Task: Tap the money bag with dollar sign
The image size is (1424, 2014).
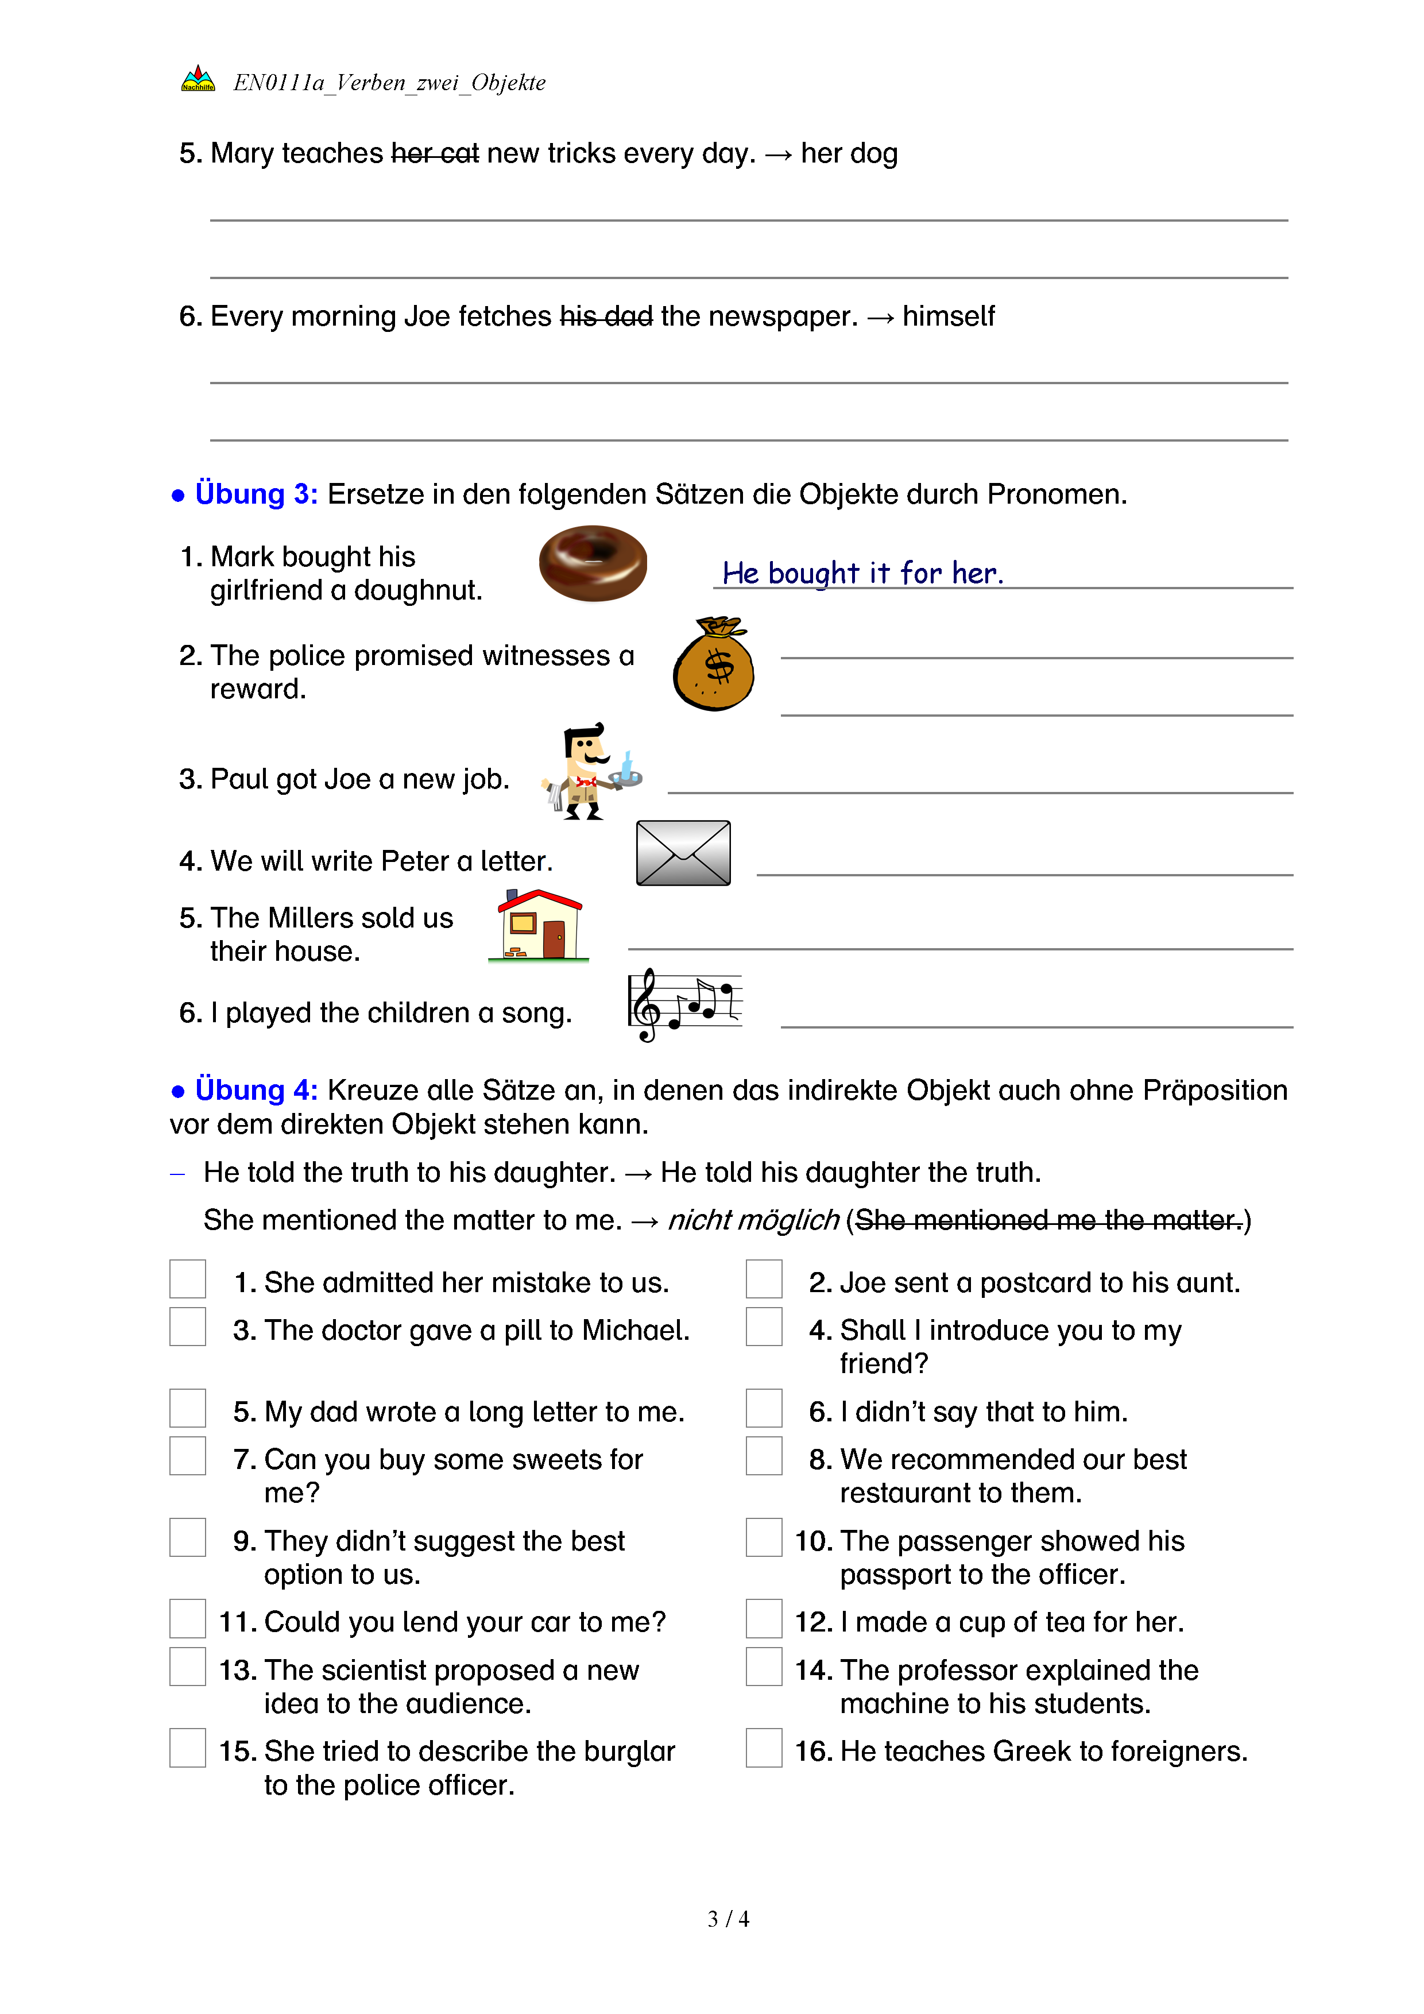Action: pyautogui.click(x=713, y=664)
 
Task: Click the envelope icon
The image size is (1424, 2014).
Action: pyautogui.click(x=683, y=853)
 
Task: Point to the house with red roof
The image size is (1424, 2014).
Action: pyautogui.click(x=539, y=925)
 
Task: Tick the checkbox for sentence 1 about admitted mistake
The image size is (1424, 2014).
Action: pyautogui.click(x=188, y=1279)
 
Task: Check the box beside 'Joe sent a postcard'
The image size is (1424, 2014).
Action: pyautogui.click(x=764, y=1279)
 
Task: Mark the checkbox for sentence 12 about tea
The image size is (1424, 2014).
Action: pyautogui.click(x=764, y=1618)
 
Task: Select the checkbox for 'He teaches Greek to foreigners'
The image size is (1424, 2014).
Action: pyautogui.click(x=764, y=1748)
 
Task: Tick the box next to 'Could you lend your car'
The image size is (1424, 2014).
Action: pyautogui.click(x=188, y=1618)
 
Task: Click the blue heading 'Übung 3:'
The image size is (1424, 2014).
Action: pyautogui.click(x=256, y=494)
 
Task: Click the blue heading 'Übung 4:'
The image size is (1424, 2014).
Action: pyautogui.click(x=256, y=1089)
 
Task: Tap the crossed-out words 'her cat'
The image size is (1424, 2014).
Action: pyautogui.click(x=435, y=153)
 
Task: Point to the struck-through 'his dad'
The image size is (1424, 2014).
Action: pyautogui.click(x=606, y=316)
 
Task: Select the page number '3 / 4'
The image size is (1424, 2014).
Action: pyautogui.click(x=728, y=1919)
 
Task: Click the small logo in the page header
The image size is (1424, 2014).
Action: pyautogui.click(x=198, y=80)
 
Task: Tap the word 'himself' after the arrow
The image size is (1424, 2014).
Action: pyautogui.click(x=948, y=316)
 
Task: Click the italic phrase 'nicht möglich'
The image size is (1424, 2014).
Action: pyautogui.click(x=753, y=1219)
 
